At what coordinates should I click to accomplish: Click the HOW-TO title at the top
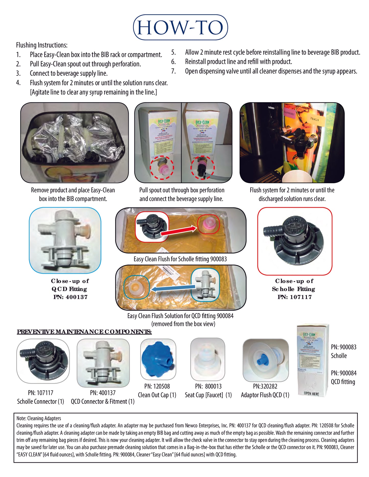180,27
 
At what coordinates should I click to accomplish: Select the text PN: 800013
208,386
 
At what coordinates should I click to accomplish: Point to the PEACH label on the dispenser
314,119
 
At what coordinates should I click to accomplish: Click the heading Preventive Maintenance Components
84,332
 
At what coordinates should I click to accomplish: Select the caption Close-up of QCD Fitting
70,285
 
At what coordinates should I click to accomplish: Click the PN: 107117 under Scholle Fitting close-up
294,297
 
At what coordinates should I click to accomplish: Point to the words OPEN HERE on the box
311,394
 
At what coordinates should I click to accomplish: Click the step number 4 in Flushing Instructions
18,83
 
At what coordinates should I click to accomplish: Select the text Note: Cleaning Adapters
39,418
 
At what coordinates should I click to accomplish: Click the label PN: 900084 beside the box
343,373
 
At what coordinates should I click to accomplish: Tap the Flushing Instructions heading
42,45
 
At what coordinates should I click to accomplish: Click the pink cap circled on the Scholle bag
208,224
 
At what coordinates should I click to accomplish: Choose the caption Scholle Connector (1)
40,401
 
